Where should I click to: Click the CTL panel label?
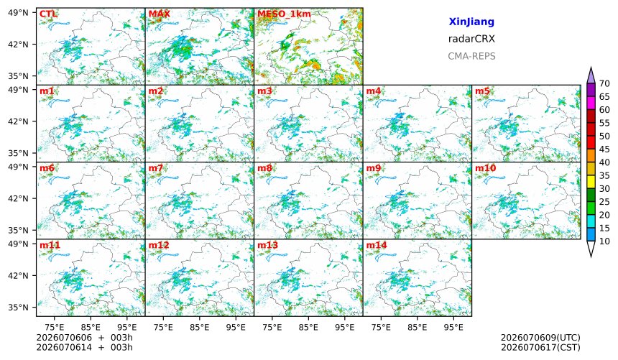(48, 14)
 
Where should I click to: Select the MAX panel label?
(160, 14)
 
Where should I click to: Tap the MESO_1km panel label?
(284, 14)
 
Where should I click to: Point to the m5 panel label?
(482, 91)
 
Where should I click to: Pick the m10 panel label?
(485, 168)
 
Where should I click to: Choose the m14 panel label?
(377, 245)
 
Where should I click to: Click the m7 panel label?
(156, 168)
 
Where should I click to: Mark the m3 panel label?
(264, 91)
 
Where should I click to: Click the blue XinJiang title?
(471, 22)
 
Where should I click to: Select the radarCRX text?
(471, 39)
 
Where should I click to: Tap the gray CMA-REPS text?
(471, 56)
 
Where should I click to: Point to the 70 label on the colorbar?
(604, 83)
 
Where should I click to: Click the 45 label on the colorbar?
(604, 149)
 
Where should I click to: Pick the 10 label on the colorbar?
(604, 241)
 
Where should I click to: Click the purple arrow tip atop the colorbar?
(591, 67)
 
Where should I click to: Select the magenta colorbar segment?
(591, 103)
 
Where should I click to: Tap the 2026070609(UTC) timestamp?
(540, 338)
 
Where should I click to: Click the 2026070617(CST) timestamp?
(540, 347)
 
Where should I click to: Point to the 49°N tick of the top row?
(18, 13)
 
